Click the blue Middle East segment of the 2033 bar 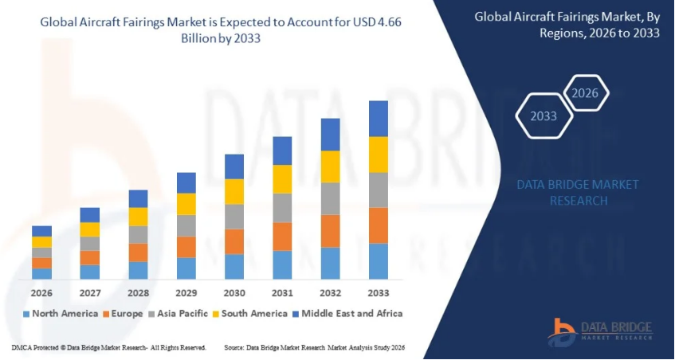pyautogui.click(x=378, y=119)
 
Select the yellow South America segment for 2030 pyautogui.click(x=234, y=191)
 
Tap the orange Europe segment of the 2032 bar pyautogui.click(x=330, y=230)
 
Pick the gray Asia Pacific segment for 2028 pyautogui.click(x=138, y=234)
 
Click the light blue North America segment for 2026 pyautogui.click(x=41, y=273)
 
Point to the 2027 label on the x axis pyautogui.click(x=90, y=292)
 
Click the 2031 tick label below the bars pyautogui.click(x=282, y=292)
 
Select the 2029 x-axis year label pyautogui.click(x=186, y=292)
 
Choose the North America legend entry pyautogui.click(x=61, y=313)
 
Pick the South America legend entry pyautogui.click(x=248, y=313)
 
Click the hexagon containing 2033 pyautogui.click(x=544, y=116)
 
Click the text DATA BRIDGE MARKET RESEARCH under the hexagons pyautogui.click(x=578, y=193)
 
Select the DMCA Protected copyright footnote pyautogui.click(x=109, y=348)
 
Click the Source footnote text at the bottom pyautogui.click(x=316, y=348)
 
